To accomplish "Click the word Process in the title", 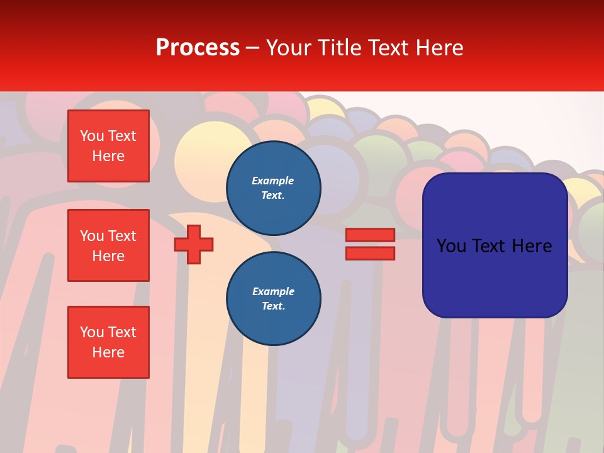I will pyautogui.click(x=198, y=48).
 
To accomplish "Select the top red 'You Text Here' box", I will pyautogui.click(x=108, y=146).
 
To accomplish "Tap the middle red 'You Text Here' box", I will pyautogui.click(x=108, y=245).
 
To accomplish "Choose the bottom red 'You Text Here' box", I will pyautogui.click(x=108, y=342).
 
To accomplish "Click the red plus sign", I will pyautogui.click(x=194, y=244).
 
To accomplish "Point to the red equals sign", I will pyautogui.click(x=370, y=244).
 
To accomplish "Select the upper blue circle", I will pyautogui.click(x=274, y=188).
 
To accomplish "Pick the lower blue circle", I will pyautogui.click(x=274, y=298).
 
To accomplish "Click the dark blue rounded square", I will pyautogui.click(x=495, y=245).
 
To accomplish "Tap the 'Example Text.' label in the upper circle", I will pyautogui.click(x=273, y=188).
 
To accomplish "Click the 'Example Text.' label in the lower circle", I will pyautogui.click(x=273, y=299).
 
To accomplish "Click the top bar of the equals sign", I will pyautogui.click(x=370, y=235).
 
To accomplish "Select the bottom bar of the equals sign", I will pyautogui.click(x=370, y=254).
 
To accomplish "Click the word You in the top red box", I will pyautogui.click(x=91, y=136).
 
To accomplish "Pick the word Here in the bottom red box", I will pyautogui.click(x=108, y=352).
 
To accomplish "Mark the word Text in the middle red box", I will pyautogui.click(x=122, y=236).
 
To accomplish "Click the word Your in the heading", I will pyautogui.click(x=288, y=48).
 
